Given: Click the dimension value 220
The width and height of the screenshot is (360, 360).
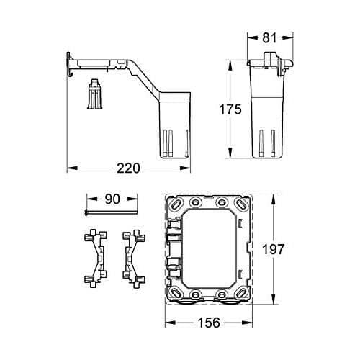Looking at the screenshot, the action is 128,168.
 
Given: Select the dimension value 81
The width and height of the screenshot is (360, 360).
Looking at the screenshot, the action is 269,37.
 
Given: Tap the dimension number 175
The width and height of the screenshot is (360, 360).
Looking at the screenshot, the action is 230,109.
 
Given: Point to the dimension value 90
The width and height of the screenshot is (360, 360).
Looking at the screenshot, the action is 112,199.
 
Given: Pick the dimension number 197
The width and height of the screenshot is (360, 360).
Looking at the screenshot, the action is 273,249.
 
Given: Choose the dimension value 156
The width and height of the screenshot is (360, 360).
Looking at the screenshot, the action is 209,323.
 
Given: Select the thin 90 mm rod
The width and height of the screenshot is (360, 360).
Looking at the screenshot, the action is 111,212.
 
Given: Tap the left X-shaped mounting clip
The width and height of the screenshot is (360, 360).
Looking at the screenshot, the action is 96,258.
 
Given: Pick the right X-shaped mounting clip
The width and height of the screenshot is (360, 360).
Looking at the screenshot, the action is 134,258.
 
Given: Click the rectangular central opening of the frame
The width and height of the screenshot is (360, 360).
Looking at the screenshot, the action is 209,249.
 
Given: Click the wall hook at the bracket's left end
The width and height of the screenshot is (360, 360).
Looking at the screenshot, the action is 69,65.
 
